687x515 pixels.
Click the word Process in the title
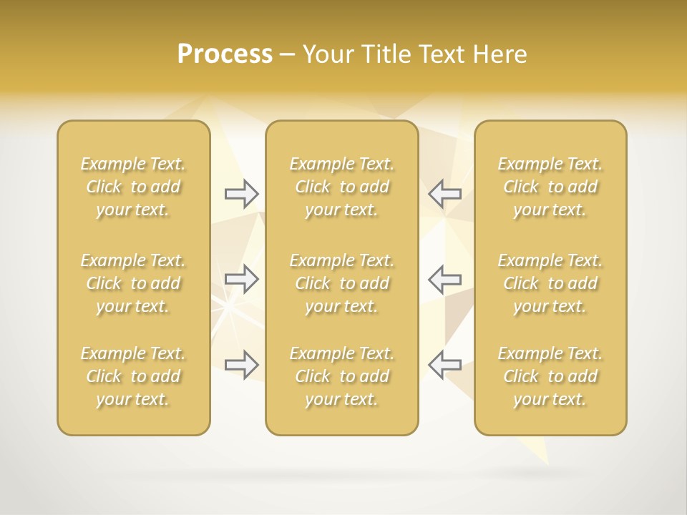225,54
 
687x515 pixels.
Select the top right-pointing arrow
241,193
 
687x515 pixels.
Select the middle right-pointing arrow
241,278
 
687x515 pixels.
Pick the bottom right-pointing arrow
241,364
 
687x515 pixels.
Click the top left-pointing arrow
444,193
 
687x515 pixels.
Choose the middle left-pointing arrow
444,278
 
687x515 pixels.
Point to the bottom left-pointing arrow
444,364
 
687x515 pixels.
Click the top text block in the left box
133,187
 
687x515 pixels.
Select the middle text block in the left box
133,283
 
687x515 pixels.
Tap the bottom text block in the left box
133,376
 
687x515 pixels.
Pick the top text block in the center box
342,187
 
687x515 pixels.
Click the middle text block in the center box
342,283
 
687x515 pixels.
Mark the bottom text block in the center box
342,376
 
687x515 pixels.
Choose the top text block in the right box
550,187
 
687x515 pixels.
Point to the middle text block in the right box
550,283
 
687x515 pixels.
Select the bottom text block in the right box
550,376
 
